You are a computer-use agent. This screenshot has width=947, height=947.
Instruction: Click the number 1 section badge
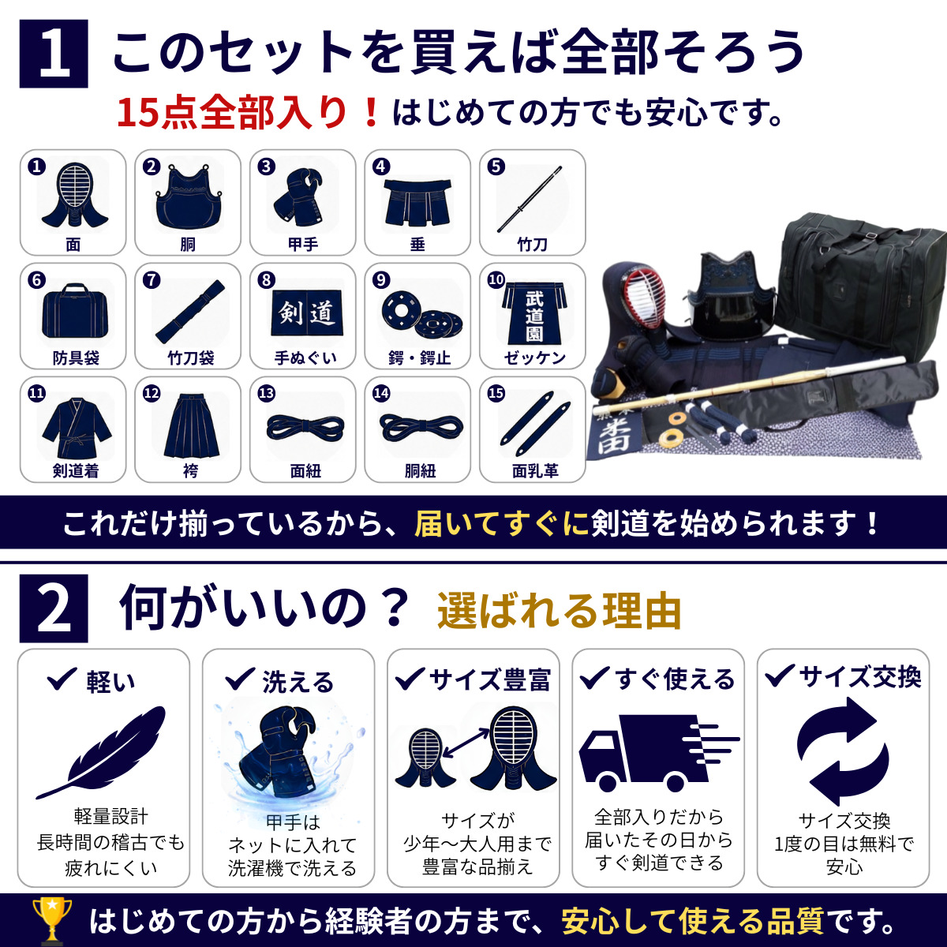[x=54, y=54]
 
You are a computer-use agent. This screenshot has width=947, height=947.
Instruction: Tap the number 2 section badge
[x=54, y=608]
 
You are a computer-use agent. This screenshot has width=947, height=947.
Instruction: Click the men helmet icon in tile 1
[x=74, y=196]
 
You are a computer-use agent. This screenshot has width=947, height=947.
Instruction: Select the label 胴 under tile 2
[x=188, y=244]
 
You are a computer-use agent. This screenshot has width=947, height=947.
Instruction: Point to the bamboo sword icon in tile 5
[x=530, y=199]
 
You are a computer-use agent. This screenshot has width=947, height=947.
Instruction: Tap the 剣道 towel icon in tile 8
[x=307, y=313]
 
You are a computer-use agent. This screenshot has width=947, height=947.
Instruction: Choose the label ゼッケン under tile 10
[x=535, y=357]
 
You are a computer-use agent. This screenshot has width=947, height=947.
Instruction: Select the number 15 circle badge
[x=496, y=393]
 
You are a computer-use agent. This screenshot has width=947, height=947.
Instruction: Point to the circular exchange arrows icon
[x=842, y=751]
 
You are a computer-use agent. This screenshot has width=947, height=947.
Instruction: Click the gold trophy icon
[x=51, y=920]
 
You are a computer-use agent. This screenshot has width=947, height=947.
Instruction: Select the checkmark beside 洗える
[x=240, y=679]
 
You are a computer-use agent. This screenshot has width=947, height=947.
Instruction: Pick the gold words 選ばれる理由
[x=560, y=611]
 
